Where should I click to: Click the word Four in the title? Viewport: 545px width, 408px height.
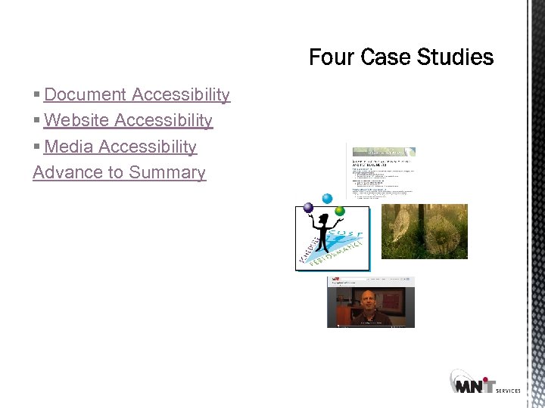pyautogui.click(x=331, y=57)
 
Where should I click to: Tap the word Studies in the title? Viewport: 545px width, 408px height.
pyautogui.click(x=453, y=57)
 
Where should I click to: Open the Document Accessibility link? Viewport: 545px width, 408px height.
pyautogui.click(x=137, y=94)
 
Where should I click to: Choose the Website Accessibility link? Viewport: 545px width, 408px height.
pyautogui.click(x=128, y=120)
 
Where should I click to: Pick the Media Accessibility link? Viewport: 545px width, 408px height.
pyautogui.click(x=120, y=147)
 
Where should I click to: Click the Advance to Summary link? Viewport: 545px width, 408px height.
pyautogui.click(x=119, y=172)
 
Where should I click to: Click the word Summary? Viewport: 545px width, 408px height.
pyautogui.click(x=167, y=172)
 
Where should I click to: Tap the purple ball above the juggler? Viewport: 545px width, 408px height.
pyautogui.click(x=308, y=208)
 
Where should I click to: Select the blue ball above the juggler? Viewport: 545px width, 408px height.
pyautogui.click(x=327, y=199)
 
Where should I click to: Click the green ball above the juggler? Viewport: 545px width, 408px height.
pyautogui.click(x=340, y=211)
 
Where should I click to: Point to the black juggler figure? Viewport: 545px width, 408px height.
pyautogui.click(x=324, y=230)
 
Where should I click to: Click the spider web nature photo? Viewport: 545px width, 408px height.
pyautogui.click(x=424, y=231)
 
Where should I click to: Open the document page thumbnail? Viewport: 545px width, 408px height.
pyautogui.click(x=381, y=170)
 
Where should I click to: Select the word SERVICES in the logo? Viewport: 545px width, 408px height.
pyautogui.click(x=508, y=391)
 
